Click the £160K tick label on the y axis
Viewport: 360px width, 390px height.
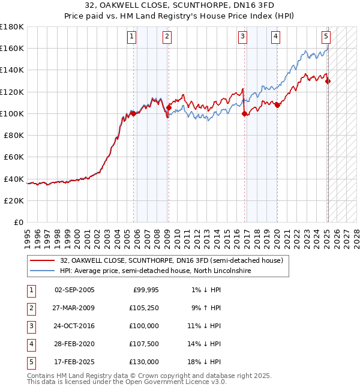click(x=12, y=48)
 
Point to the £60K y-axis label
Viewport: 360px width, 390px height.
click(x=14, y=157)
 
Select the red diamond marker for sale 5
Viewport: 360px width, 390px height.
click(x=328, y=81)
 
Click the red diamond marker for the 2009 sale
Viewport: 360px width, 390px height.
click(x=169, y=108)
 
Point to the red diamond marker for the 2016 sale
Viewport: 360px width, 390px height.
click(x=244, y=113)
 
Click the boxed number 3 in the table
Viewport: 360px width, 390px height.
click(x=31, y=326)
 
